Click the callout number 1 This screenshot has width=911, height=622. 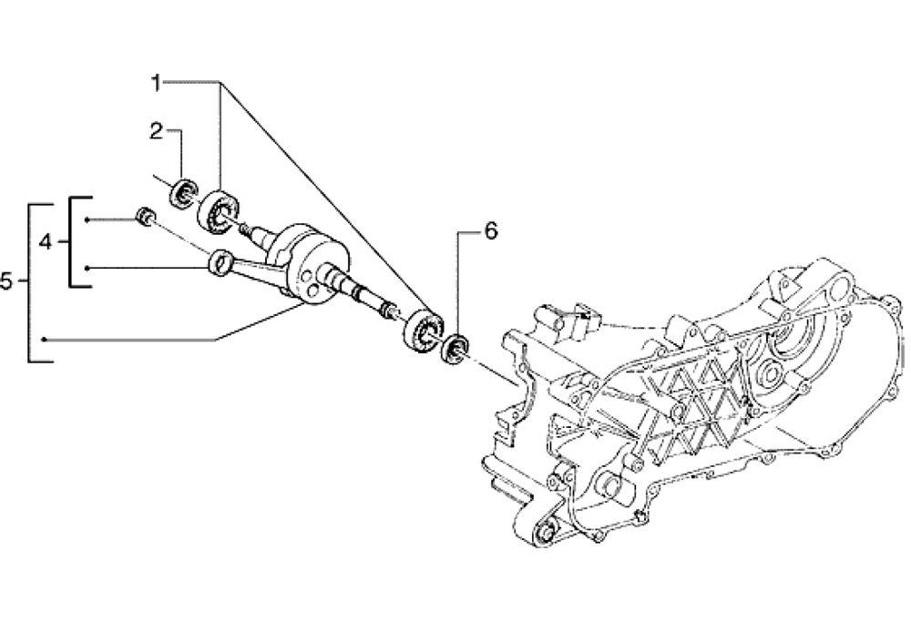pyautogui.click(x=156, y=84)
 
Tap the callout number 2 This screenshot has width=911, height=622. pyautogui.click(x=156, y=131)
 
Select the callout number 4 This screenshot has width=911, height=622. pyautogui.click(x=46, y=242)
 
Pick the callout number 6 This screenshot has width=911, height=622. pyautogui.click(x=491, y=231)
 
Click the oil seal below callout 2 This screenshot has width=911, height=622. pyautogui.click(x=184, y=193)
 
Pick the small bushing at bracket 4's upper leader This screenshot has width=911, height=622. pyautogui.click(x=145, y=216)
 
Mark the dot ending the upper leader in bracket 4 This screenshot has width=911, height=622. pyautogui.click(x=87, y=219)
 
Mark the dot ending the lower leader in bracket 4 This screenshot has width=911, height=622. pyautogui.click(x=87, y=269)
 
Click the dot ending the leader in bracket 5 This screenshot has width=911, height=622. pyautogui.click(x=44, y=339)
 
